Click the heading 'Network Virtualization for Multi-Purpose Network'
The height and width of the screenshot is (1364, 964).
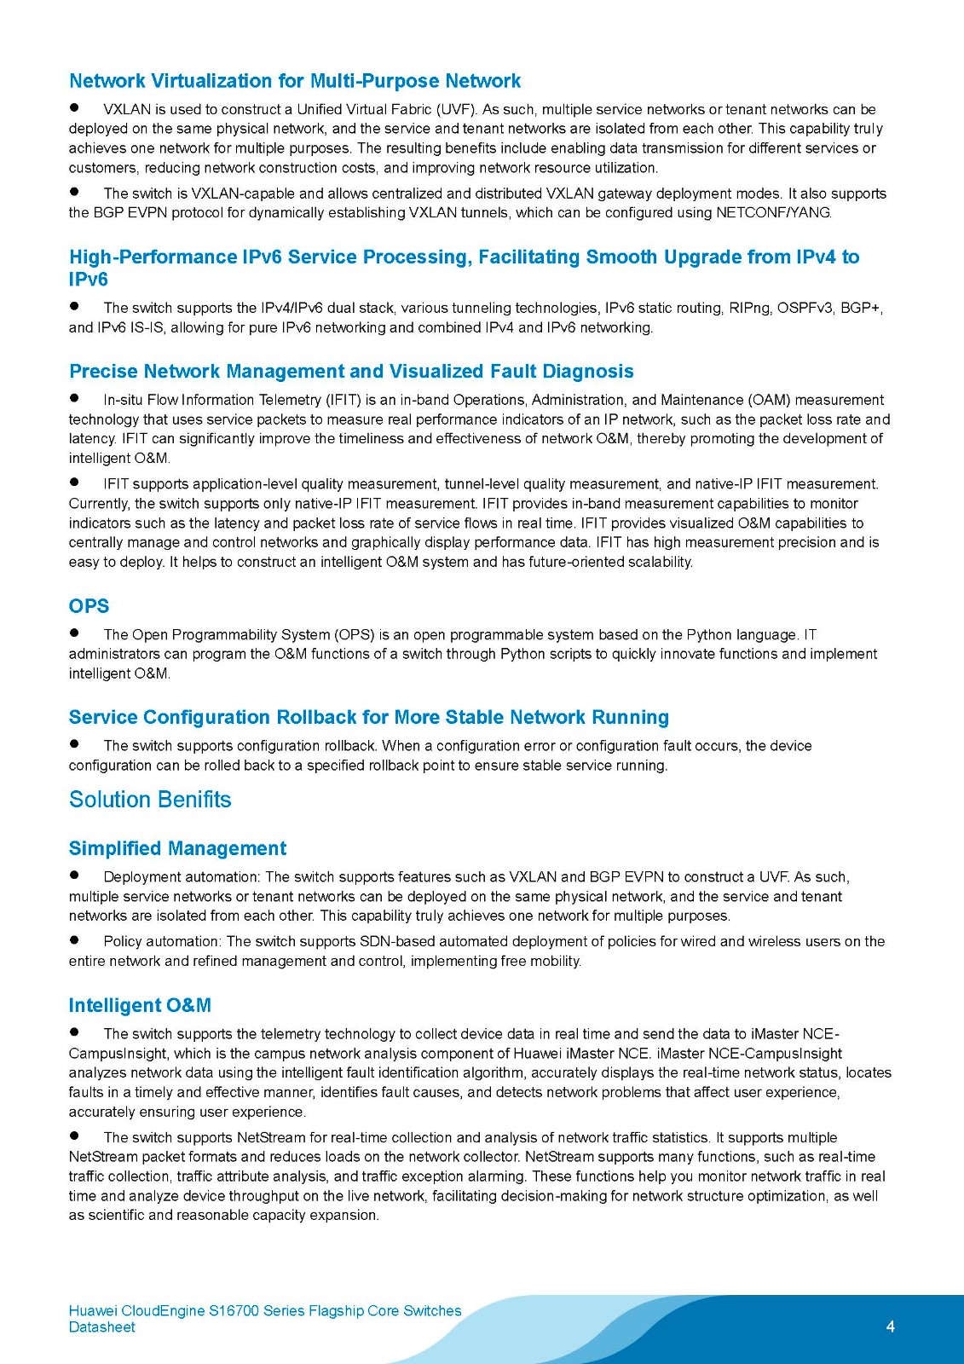click(294, 81)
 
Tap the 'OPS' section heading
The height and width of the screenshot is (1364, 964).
click(89, 606)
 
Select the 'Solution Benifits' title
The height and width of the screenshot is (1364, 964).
click(150, 800)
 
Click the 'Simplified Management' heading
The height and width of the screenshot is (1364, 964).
click(177, 848)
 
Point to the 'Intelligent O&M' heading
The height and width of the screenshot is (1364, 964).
click(140, 1005)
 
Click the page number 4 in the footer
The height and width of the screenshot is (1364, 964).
click(890, 1326)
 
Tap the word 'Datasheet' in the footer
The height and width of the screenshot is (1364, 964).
click(101, 1327)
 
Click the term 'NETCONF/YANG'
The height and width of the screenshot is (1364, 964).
click(774, 213)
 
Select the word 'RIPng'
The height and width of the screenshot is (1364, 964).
click(749, 308)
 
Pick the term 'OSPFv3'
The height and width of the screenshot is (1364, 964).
click(805, 308)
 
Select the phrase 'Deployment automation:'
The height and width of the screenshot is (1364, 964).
click(182, 877)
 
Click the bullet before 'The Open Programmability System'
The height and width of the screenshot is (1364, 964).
click(74, 633)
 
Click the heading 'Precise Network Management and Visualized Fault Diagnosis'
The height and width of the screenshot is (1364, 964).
click(351, 372)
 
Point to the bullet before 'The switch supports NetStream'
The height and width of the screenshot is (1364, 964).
click(74, 1136)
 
